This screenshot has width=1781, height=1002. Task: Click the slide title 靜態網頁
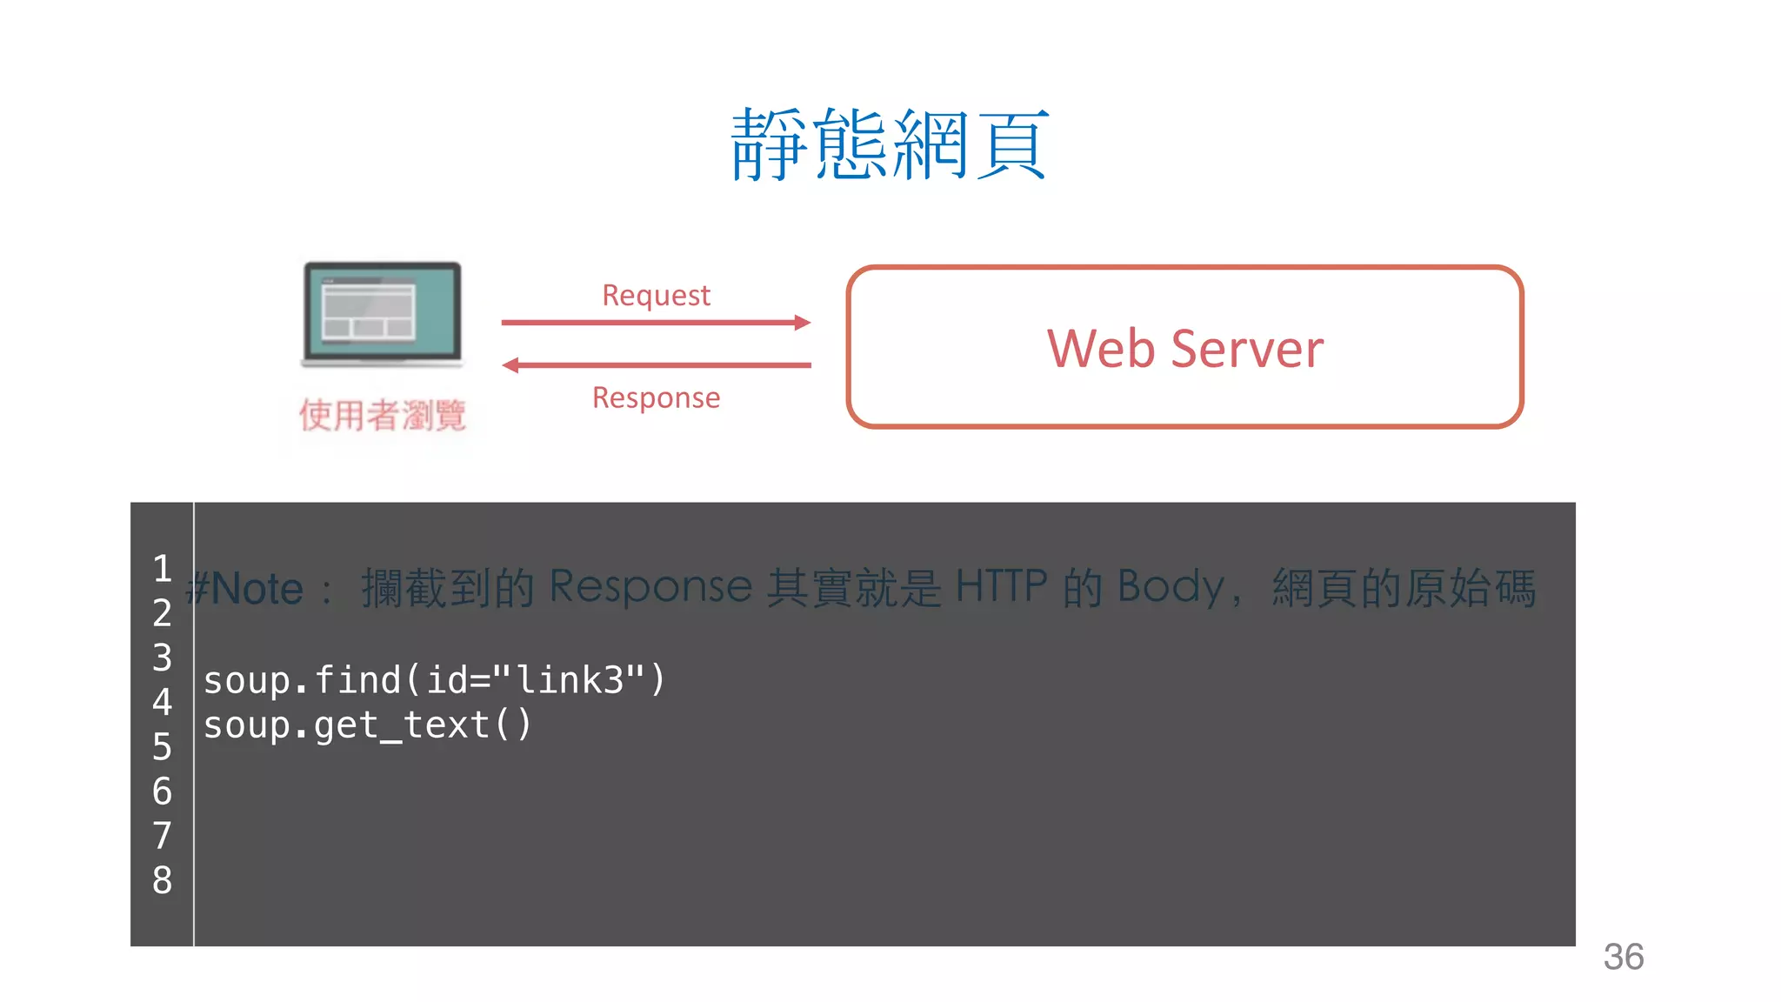(890, 144)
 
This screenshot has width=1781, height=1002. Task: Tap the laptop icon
(382, 314)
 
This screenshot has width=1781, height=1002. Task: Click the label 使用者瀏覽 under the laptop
(382, 415)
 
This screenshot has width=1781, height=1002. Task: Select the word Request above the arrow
(656, 296)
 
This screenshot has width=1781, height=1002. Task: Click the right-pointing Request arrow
(656, 323)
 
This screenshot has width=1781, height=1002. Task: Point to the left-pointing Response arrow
(656, 365)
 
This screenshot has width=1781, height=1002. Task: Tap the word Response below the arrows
(656, 397)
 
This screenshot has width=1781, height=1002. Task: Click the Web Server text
(1184, 349)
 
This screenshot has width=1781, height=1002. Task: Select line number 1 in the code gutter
(162, 569)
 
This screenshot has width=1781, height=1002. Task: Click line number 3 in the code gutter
(162, 658)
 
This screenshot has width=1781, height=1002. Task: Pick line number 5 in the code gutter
(162, 746)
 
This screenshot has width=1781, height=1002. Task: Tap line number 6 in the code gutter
(162, 792)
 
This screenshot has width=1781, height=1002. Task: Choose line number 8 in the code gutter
(162, 880)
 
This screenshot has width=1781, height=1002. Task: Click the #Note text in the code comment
(245, 589)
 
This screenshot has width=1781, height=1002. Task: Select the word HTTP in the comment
(1001, 586)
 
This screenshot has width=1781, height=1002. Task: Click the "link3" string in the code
(570, 679)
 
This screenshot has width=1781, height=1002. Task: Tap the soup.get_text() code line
(367, 725)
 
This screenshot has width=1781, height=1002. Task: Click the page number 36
(1623, 957)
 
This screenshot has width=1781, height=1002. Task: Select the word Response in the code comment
(650, 586)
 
